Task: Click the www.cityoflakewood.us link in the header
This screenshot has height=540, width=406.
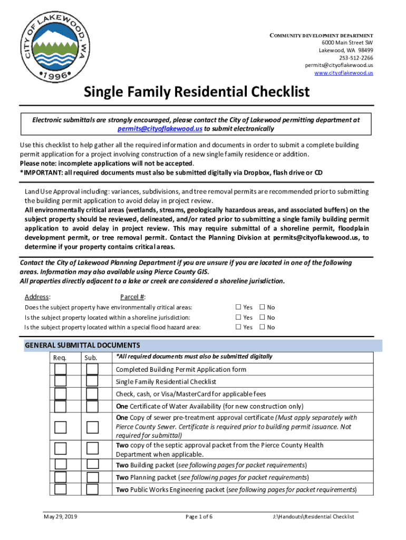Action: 344,73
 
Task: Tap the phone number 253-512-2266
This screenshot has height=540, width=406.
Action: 356,58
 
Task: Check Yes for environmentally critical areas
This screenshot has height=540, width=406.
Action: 238,307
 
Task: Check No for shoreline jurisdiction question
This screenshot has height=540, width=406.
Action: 262,317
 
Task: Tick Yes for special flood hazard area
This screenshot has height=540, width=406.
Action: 238,327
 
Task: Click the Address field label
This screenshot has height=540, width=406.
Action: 37,297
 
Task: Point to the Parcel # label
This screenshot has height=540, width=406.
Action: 133,297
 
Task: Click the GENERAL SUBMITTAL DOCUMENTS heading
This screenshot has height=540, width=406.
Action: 82,345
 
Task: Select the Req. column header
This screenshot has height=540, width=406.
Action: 60,358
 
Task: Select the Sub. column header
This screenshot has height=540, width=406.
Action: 91,358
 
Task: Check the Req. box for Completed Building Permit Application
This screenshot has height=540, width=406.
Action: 61,369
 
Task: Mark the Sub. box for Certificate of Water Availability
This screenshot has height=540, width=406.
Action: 92,406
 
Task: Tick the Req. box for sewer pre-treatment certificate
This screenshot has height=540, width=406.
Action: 61,427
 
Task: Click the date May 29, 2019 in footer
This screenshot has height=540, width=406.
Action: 61,517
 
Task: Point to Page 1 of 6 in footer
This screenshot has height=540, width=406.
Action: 199,517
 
